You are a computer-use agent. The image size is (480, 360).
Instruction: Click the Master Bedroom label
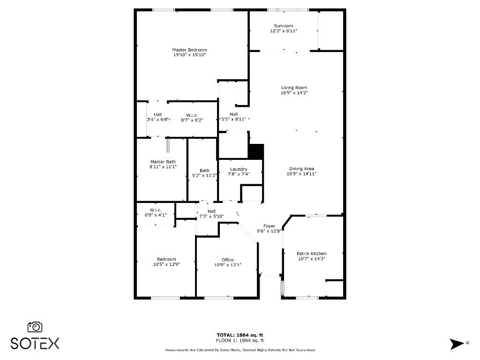click(x=189, y=50)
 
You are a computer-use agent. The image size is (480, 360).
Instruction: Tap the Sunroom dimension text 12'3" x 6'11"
click(x=284, y=31)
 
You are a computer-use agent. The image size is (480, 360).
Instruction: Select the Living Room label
click(x=294, y=88)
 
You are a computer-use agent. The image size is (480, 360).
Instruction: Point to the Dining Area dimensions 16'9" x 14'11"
click(x=301, y=174)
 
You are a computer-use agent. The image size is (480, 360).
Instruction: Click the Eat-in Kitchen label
click(x=312, y=254)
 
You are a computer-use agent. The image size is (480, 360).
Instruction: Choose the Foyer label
click(x=269, y=226)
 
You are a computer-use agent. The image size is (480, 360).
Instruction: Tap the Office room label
click(x=227, y=260)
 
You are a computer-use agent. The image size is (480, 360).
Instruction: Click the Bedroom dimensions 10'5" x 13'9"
click(x=166, y=264)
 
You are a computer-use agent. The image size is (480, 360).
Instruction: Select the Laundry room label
click(x=239, y=169)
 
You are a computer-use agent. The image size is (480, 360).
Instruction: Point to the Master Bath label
click(x=163, y=162)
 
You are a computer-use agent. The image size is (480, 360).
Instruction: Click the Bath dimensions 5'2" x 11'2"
click(x=204, y=176)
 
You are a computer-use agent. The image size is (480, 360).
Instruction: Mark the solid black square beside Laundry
click(x=256, y=152)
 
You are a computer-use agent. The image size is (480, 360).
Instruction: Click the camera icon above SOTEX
click(x=35, y=327)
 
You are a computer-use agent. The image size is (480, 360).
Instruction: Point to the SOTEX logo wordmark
click(x=35, y=343)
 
